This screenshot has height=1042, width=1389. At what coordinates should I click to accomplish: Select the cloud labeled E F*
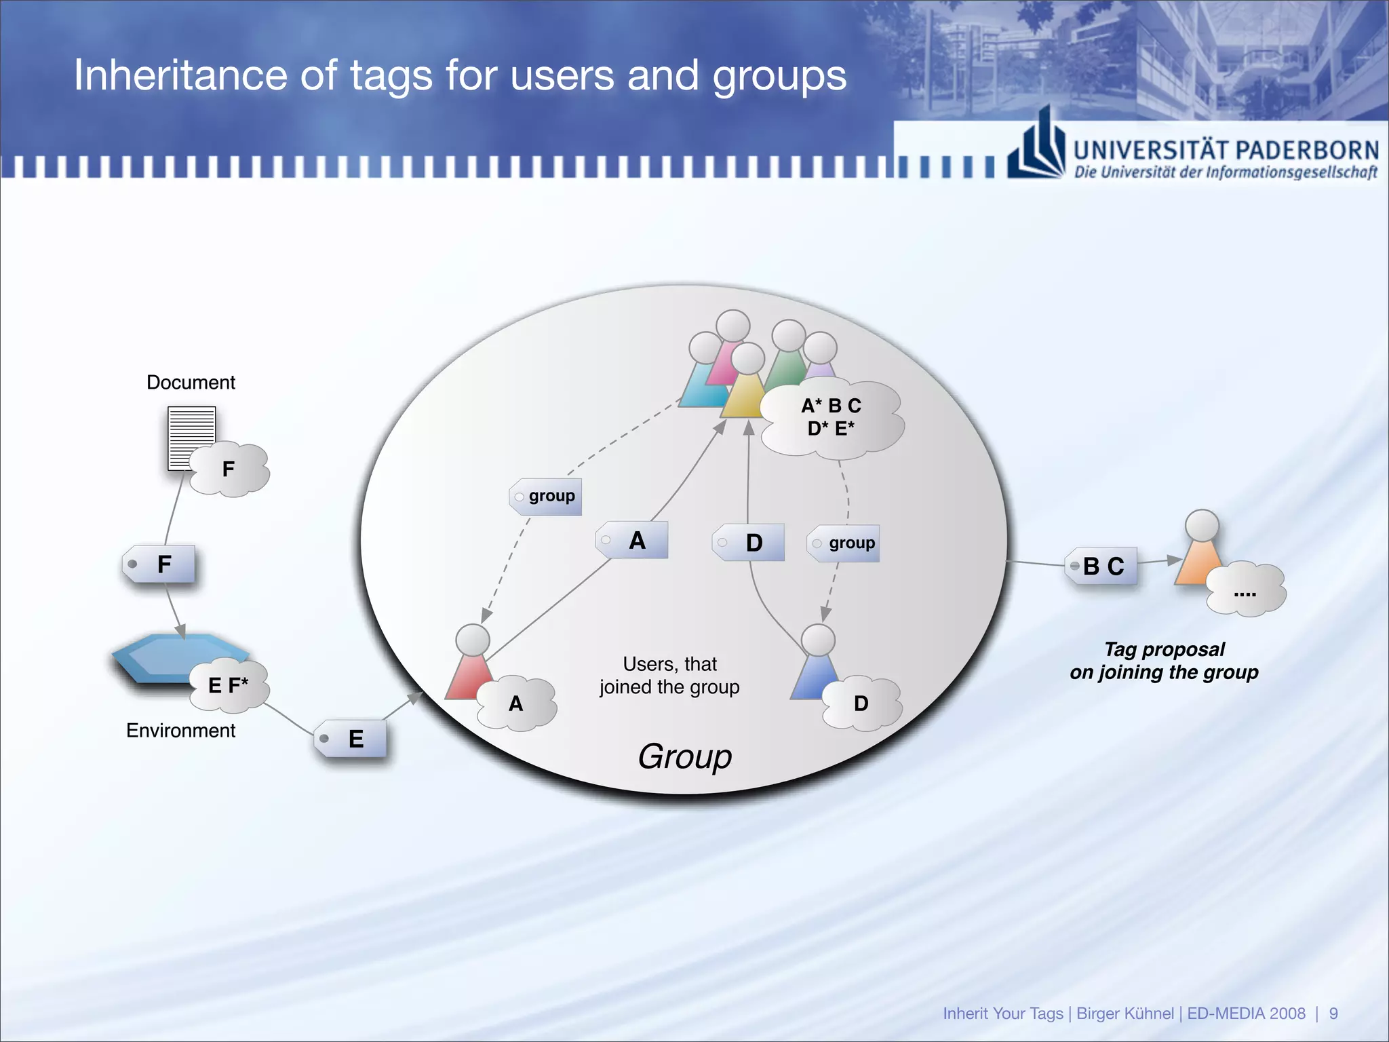[x=229, y=685]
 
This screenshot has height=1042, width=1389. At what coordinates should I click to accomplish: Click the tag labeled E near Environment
[x=351, y=738]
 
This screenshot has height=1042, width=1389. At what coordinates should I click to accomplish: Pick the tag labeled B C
[x=1101, y=566]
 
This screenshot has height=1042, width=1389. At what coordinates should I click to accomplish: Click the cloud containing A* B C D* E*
[x=832, y=417]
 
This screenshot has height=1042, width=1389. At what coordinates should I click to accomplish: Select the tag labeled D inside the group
[x=749, y=542]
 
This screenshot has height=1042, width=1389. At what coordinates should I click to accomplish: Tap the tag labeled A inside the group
[x=633, y=541]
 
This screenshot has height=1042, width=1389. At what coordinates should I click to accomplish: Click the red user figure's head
[x=473, y=640]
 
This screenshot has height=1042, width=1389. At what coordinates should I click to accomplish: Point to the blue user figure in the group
[x=816, y=672]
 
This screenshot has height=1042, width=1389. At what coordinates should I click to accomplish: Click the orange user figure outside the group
[x=1199, y=556]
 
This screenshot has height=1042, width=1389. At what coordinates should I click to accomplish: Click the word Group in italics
[x=684, y=756]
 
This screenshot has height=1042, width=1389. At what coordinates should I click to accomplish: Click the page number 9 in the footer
[x=1333, y=1014]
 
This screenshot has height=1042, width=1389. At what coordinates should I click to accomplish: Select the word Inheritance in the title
[x=180, y=75]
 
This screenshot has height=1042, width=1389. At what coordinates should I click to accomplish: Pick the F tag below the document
[x=160, y=564]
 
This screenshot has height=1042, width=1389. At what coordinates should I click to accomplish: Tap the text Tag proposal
[x=1164, y=649]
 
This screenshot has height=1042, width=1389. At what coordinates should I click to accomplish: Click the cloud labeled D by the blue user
[x=861, y=703]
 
